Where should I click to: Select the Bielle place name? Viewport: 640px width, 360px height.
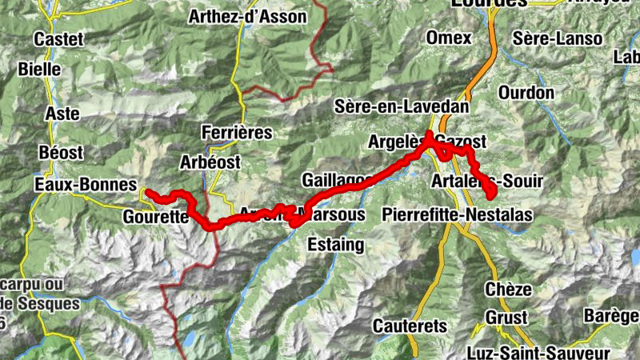(x=39, y=70)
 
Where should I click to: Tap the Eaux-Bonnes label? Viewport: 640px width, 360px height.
(x=86, y=185)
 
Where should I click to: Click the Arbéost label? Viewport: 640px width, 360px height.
(x=210, y=162)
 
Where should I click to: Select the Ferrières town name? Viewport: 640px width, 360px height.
(x=238, y=132)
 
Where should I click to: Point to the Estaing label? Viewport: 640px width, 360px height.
(x=336, y=243)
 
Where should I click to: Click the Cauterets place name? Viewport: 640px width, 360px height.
(x=409, y=326)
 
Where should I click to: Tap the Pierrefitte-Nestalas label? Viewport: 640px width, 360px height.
(x=458, y=214)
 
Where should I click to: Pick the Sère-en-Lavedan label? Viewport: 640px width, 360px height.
(x=402, y=106)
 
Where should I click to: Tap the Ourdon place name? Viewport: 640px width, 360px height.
(x=526, y=93)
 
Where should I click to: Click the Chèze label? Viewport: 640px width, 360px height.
(x=507, y=289)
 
